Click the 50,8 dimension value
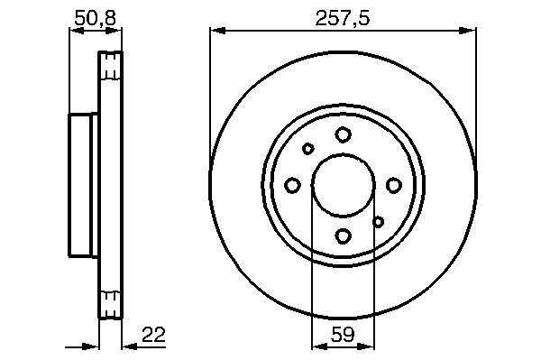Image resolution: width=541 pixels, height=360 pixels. [x=95, y=18]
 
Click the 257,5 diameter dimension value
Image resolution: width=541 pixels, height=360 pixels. [x=343, y=18]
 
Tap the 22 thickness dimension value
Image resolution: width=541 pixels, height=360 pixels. [x=154, y=334]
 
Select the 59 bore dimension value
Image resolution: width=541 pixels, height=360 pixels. [x=343, y=334]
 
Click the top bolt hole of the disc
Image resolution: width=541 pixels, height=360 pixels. [x=343, y=134]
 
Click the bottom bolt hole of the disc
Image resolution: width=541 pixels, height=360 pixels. [x=343, y=236]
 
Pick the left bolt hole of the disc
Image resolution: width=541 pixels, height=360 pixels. [x=292, y=185]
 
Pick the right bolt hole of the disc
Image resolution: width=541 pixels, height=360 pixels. [x=394, y=185]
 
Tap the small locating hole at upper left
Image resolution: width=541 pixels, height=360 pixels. [x=307, y=149]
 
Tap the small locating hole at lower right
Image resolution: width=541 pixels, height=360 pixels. [x=379, y=222]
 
